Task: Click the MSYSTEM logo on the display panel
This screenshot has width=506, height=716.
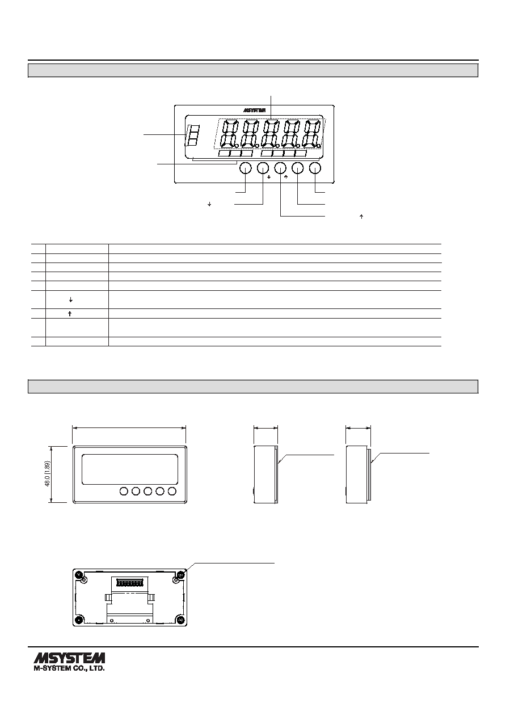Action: tap(255, 111)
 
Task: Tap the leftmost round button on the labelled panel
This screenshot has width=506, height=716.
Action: tap(245, 168)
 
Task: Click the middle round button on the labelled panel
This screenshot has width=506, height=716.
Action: tap(280, 168)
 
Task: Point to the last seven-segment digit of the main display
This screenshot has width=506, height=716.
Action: tap(312, 134)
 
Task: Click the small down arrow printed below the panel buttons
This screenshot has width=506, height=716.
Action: tap(269, 176)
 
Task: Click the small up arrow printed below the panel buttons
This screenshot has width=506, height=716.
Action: tap(286, 176)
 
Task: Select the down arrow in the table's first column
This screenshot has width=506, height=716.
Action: tap(71, 300)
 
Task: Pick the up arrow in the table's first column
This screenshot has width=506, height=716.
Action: tap(70, 314)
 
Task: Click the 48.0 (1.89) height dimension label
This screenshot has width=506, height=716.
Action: tap(47, 474)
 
